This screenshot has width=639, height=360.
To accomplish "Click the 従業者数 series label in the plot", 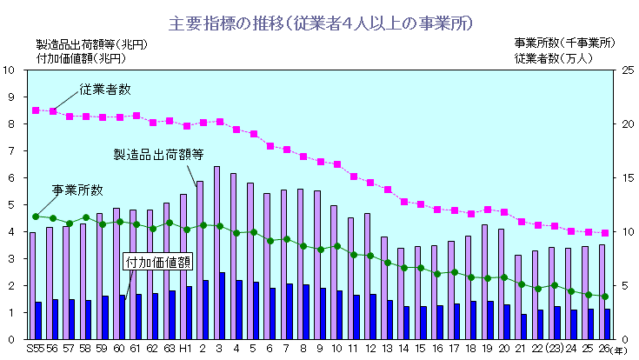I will click(104, 89).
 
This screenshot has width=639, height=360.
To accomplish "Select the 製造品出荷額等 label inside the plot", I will click(158, 154).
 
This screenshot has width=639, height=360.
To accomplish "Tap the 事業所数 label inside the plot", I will click(77, 190).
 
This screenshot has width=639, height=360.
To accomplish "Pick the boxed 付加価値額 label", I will click(158, 261).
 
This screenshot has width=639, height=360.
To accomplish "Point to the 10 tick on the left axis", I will click(9, 70).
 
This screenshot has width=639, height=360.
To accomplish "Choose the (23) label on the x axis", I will click(554, 349).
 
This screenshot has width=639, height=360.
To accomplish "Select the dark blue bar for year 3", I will click(223, 305).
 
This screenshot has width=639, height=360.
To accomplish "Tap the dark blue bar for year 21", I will click(524, 326).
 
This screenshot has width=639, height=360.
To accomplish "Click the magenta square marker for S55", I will click(36, 110).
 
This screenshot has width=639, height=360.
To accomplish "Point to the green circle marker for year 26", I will click(605, 297).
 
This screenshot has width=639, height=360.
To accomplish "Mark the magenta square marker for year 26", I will click(605, 233).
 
